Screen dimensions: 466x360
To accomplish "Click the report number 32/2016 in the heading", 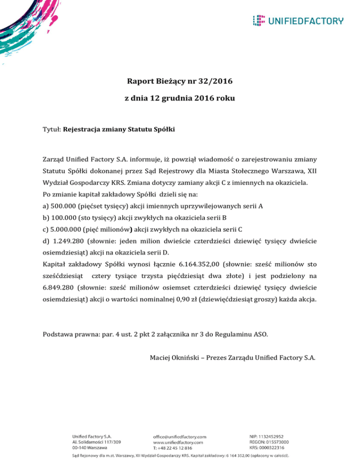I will (217, 82).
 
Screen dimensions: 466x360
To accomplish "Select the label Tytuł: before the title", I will (52, 128).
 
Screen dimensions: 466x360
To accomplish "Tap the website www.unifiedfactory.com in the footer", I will (178, 442).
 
